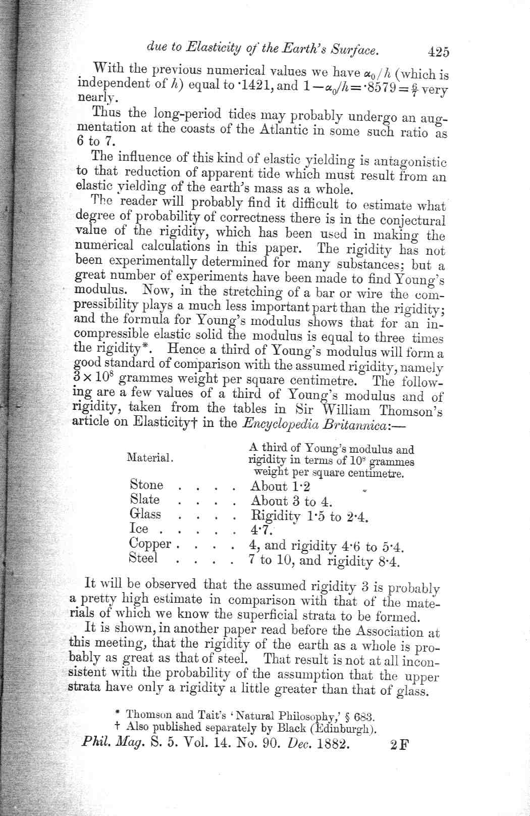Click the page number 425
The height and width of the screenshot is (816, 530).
point(438,52)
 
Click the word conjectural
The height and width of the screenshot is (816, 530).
point(412,221)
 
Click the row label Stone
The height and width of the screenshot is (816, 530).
point(146,485)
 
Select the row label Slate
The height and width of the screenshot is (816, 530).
point(145,499)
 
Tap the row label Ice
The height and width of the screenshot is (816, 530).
point(139,529)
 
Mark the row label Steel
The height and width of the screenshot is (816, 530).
point(143,558)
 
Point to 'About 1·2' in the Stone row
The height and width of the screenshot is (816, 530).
point(280,487)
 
